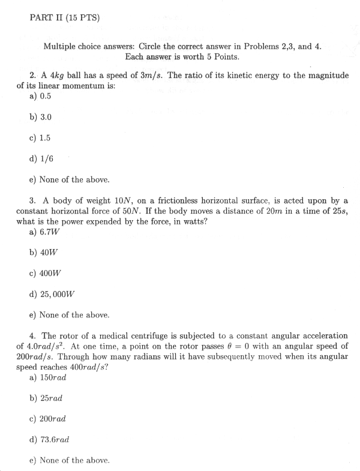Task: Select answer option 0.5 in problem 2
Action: [x=45, y=96]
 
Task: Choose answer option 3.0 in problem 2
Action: [x=45, y=117]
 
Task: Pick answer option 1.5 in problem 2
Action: [x=44, y=137]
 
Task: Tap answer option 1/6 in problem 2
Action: [x=45, y=158]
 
